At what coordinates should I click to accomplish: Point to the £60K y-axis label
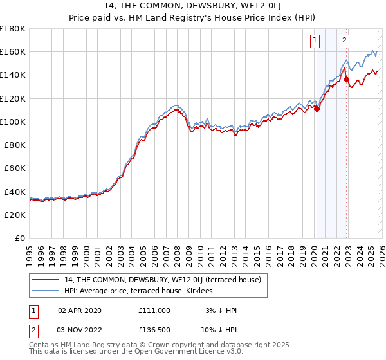click(15, 168)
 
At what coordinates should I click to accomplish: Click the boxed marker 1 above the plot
click(316, 40)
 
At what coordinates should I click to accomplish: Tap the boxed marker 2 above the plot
click(345, 40)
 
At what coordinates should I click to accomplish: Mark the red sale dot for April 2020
click(317, 109)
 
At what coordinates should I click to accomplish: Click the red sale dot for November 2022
click(347, 80)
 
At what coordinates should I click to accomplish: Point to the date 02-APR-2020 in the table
click(80, 310)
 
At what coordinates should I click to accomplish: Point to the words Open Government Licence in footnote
click(187, 352)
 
